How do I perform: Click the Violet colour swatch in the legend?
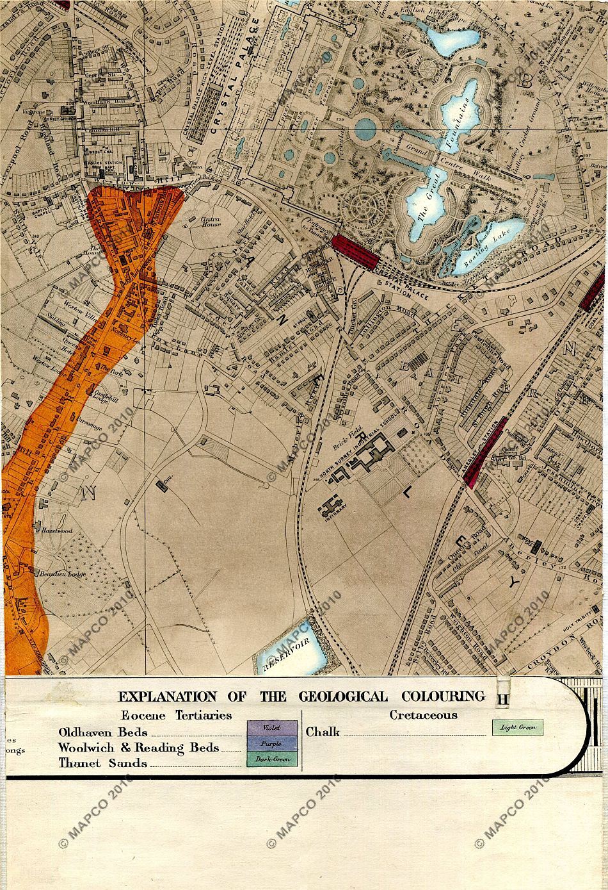[272, 728]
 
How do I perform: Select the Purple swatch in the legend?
[272, 743]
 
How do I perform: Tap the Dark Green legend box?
[272, 759]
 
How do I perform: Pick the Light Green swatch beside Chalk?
[518, 727]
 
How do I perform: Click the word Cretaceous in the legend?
[424, 714]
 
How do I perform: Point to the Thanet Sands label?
[102, 763]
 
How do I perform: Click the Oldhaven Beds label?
[102, 732]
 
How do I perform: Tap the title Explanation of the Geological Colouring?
[301, 696]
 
